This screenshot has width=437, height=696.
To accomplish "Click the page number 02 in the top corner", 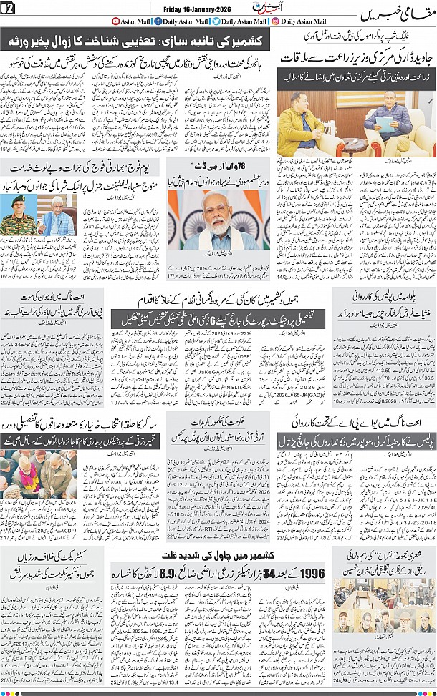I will [8, 9].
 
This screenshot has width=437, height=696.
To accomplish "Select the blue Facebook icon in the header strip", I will [158, 21].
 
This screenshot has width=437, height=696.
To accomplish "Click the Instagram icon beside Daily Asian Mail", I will [276, 21].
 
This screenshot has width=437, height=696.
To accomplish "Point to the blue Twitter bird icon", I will [216, 21].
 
